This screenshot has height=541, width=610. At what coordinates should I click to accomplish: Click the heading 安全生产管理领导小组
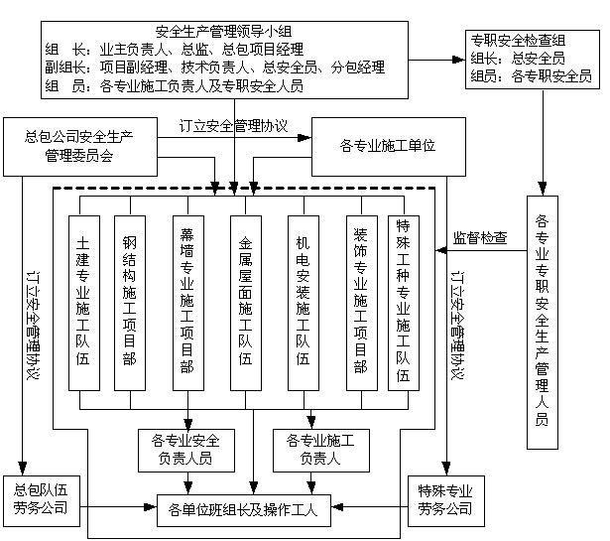234,30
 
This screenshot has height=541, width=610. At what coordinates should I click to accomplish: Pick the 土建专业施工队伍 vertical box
84,302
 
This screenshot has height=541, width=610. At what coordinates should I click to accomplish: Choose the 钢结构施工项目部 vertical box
129,302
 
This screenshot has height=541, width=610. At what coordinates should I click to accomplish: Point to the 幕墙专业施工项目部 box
186,302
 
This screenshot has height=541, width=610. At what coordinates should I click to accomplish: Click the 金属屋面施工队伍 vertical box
245,302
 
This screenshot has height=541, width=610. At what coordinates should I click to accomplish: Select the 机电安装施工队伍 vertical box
303,302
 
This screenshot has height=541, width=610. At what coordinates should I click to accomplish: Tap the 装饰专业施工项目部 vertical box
361,302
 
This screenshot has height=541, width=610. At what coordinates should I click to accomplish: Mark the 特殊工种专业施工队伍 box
404,302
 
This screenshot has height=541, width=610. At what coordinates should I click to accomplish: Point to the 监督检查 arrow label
480,237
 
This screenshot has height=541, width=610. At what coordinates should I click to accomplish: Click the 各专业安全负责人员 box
185,449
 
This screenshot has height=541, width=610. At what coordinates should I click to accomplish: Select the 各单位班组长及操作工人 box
242,511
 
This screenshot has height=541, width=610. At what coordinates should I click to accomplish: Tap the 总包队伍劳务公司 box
40,500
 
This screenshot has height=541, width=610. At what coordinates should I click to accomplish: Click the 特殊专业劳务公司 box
445,500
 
